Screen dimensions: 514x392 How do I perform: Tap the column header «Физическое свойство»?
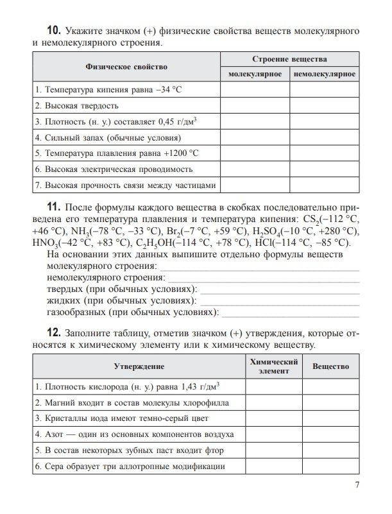coord(126,67)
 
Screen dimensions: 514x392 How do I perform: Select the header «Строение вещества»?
coord(289,58)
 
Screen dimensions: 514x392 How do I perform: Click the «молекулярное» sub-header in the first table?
coord(255,74)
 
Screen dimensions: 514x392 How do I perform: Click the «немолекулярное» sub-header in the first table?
coord(325,74)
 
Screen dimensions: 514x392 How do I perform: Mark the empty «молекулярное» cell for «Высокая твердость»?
coord(255,105)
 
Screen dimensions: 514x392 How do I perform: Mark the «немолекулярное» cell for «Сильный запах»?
coord(325,137)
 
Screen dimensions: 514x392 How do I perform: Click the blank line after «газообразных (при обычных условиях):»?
coord(289,313)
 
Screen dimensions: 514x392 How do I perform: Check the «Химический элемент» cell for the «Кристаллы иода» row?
coord(273,418)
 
